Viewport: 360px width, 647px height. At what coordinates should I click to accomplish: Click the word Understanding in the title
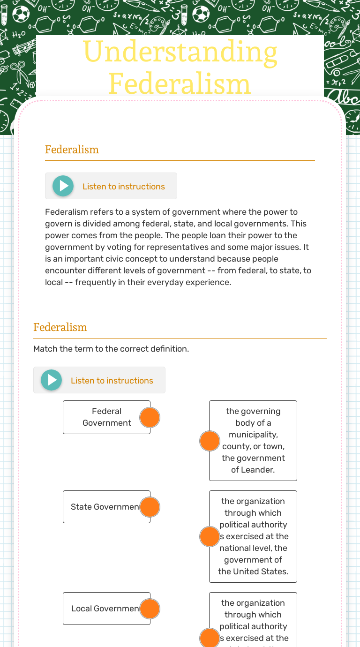(180, 52)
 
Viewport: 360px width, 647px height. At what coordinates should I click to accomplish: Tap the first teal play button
(63, 186)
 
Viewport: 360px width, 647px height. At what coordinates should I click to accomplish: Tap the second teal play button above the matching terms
(52, 380)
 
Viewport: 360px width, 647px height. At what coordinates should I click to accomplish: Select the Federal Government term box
(103, 417)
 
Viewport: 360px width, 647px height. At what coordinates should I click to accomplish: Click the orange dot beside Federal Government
(150, 417)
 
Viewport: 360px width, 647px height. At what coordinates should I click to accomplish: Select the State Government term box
(103, 507)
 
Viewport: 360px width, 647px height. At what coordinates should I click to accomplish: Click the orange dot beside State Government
(150, 507)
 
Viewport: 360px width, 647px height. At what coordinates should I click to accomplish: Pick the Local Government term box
(103, 609)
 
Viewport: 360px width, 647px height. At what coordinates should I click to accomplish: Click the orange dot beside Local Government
(150, 609)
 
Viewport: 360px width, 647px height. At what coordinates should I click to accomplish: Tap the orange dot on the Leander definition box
(210, 441)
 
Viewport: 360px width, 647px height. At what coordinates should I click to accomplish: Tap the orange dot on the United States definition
(210, 537)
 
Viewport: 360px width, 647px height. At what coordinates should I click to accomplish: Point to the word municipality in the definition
(253, 435)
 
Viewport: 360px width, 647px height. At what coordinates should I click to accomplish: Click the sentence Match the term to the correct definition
(111, 349)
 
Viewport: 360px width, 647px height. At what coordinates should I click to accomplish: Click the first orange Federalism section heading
(72, 150)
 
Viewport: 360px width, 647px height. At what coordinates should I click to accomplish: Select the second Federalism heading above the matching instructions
(60, 327)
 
